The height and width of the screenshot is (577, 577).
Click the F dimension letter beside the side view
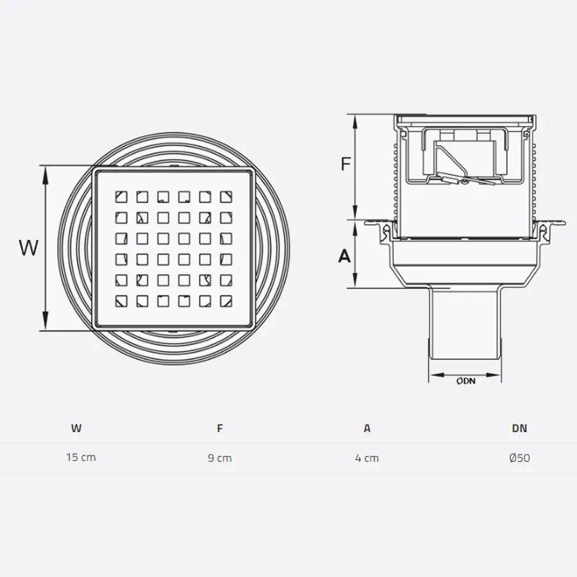tap(346, 164)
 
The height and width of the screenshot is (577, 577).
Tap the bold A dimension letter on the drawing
tap(345, 256)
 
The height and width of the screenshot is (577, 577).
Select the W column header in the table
tap(76, 428)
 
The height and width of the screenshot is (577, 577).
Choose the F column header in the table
tap(220, 428)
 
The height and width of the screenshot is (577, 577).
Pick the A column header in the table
tap(367, 428)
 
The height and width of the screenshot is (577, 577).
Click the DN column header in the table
tap(519, 428)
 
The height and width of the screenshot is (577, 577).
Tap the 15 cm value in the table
tap(81, 458)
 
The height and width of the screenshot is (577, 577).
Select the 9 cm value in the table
tap(220, 458)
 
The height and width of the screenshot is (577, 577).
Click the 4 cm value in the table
tap(367, 458)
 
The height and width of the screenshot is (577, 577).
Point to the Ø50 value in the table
tap(519, 458)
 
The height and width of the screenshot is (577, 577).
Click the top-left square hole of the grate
tap(121, 196)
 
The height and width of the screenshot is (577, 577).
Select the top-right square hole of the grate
tap(226, 196)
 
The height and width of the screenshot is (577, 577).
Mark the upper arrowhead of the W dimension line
tap(45, 171)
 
